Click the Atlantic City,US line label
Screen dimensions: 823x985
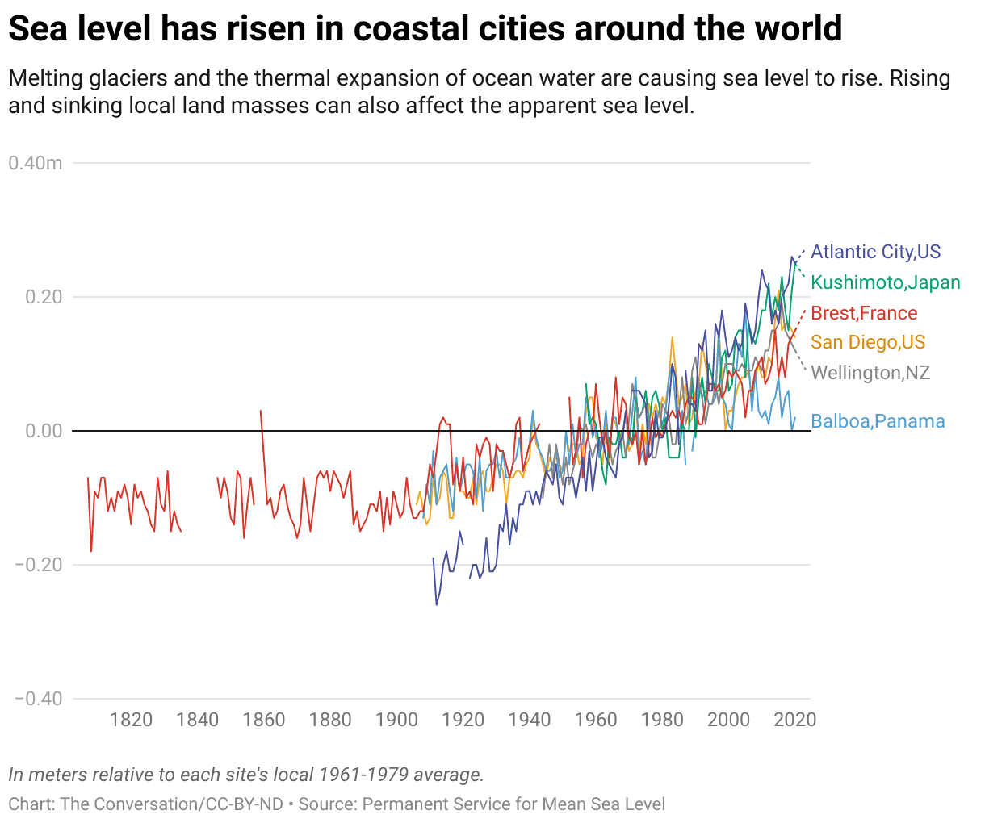875,252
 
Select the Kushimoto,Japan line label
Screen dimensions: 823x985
885,282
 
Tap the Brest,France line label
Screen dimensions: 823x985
863,313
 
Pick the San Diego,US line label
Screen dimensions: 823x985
867,342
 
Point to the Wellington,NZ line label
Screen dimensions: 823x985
870,373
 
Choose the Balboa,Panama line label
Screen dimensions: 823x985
877,421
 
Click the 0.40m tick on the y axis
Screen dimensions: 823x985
36,163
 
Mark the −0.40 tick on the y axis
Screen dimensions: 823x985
39,699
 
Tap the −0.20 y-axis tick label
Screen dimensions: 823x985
39,565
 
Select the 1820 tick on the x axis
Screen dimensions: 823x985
131,720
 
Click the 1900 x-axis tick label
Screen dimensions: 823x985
396,720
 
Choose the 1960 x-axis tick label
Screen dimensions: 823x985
596,720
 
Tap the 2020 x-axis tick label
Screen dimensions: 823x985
795,720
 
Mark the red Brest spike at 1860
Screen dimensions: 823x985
261,411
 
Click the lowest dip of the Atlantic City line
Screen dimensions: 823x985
437,604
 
